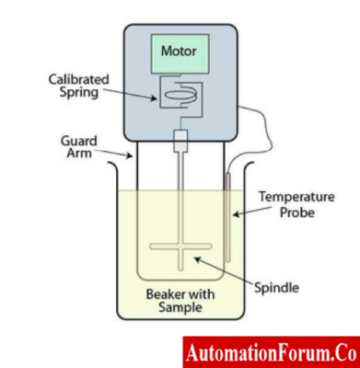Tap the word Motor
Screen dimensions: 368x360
tap(180, 48)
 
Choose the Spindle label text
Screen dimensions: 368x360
tap(275, 287)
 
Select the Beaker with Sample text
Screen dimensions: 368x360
tap(180, 302)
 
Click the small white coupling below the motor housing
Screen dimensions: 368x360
tap(180, 143)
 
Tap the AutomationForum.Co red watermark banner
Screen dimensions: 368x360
tap(270, 351)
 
